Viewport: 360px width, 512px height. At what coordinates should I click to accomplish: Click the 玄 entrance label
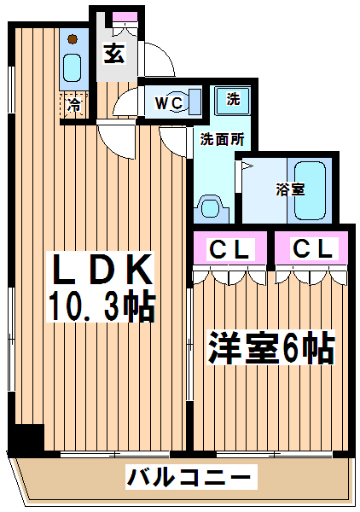pos(114,54)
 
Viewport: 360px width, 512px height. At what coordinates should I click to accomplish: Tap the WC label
pos(169,103)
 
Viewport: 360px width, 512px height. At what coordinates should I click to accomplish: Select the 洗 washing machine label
pos(233,98)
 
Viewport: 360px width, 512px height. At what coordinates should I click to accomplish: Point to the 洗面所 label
pos(222,139)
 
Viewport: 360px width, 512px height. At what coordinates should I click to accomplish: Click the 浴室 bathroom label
pos(290,189)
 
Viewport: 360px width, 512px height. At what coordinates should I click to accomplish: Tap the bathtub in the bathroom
pos(310,191)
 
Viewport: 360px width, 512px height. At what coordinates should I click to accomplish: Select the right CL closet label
pos(313,249)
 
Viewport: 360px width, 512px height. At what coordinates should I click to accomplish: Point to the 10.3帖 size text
pos(102,305)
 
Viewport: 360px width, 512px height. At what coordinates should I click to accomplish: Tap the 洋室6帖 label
pos(271,347)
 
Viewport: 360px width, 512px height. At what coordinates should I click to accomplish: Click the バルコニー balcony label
pos(189,477)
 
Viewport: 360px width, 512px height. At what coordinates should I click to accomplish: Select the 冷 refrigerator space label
pos(74,105)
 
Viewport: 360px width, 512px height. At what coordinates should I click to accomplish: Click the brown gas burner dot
pos(73,39)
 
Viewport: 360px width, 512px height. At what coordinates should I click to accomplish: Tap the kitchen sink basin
pos(72,67)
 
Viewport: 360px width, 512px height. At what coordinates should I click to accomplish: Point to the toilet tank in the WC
pos(195,102)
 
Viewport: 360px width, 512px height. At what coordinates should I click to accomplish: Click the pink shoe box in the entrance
pos(125,16)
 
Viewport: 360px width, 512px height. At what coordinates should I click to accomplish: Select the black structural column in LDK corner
pos(26,438)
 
